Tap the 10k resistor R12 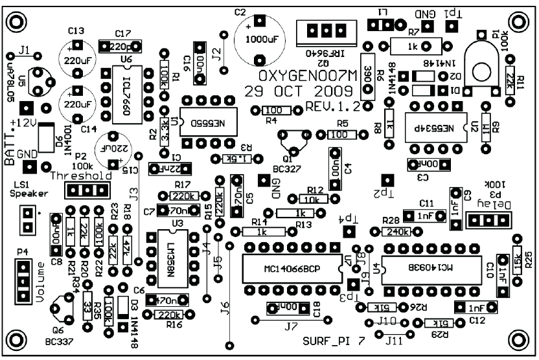[x=316, y=200]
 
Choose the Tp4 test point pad [x=349, y=232]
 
